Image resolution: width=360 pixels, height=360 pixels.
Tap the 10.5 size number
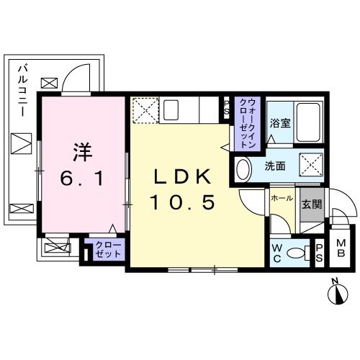tap(183, 203)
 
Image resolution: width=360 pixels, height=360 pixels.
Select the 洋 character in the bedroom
tap(82, 153)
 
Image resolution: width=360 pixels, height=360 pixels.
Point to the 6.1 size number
tap(82, 178)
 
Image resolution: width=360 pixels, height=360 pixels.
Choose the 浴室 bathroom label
tap(281, 122)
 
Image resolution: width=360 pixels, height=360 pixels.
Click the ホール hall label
tap(282, 196)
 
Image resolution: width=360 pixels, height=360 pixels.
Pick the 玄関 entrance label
tap(311, 204)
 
